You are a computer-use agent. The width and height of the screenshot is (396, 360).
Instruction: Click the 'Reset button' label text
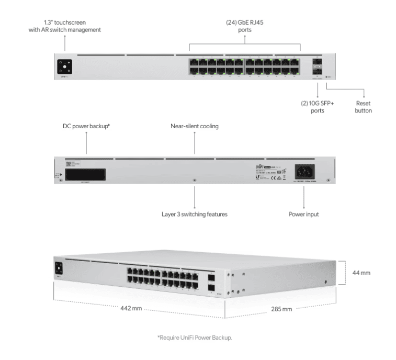[364, 107]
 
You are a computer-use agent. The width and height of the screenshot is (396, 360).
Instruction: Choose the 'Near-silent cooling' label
[195, 126]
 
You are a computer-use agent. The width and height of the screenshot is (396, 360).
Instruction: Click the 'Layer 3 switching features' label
[195, 214]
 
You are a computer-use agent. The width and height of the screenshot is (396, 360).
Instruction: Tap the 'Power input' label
[304, 214]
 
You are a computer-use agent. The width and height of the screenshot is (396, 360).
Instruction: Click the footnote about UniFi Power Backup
[195, 337]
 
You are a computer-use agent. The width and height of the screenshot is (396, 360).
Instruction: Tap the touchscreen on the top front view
[65, 67]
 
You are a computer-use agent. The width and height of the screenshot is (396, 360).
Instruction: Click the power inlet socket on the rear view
[303, 171]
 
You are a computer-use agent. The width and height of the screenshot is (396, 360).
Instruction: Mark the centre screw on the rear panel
[195, 181]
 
